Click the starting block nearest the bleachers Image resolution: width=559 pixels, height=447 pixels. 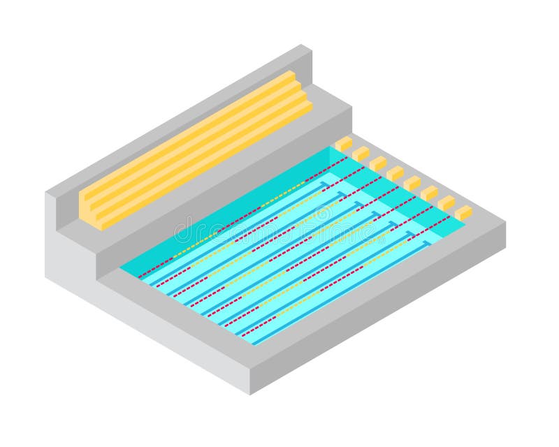(344, 144)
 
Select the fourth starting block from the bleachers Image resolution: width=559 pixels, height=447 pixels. (395, 173)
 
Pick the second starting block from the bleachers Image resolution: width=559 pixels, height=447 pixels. (361, 154)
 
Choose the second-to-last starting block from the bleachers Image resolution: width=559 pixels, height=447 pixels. (446, 203)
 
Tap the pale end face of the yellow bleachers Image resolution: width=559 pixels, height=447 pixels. (89, 210)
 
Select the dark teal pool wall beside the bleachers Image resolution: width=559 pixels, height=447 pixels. (224, 210)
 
